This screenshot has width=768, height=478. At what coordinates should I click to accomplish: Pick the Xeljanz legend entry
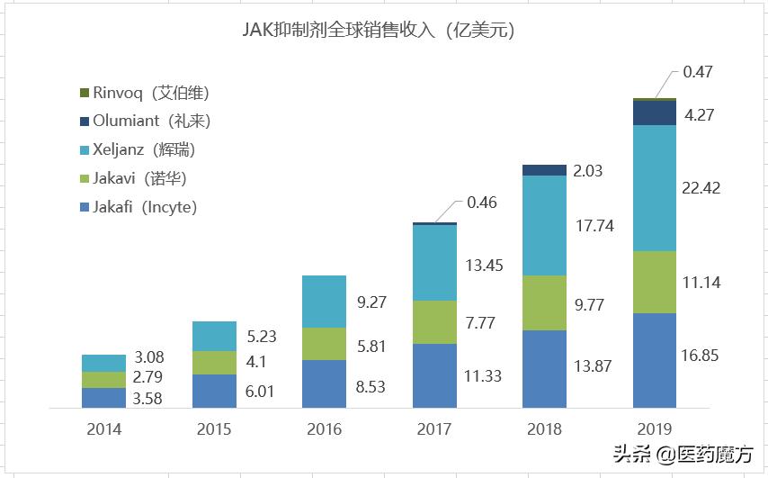144,149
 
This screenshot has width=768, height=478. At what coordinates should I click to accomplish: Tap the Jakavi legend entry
139,178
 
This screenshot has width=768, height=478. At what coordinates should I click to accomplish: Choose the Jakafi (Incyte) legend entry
145,207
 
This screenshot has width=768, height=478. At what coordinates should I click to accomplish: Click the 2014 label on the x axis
103,429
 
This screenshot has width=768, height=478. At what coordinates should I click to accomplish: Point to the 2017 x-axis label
434,429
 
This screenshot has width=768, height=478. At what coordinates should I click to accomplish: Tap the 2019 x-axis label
654,429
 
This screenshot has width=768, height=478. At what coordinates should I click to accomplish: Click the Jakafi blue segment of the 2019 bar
654,360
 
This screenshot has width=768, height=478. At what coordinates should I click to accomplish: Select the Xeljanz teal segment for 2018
544,225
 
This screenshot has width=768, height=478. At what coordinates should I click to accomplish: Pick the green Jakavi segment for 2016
324,344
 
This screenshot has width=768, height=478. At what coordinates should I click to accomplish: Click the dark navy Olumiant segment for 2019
654,113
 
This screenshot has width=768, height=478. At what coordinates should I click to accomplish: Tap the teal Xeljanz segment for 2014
103,363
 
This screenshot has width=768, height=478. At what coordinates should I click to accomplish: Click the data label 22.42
701,187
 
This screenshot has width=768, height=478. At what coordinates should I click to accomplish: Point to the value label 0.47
698,72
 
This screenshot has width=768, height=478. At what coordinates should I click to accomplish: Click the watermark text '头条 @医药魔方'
683,455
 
